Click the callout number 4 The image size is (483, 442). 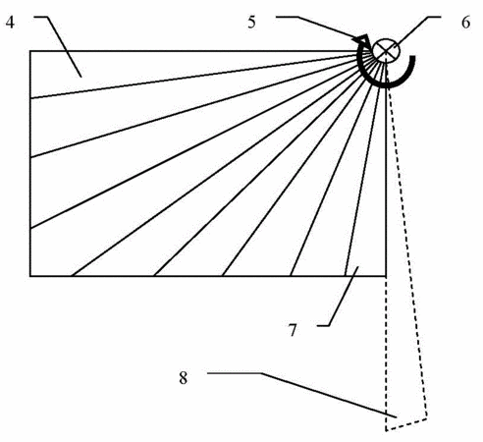10,23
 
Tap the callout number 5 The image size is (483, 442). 251,23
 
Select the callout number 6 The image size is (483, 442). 465,23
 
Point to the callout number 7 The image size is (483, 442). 293,331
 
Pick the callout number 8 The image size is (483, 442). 184,377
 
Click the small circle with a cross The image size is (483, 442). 387,50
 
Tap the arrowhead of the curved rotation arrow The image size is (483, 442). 361,40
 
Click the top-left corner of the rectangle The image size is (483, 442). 30,51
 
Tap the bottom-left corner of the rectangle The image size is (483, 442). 30,276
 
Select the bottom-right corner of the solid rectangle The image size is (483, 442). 386,276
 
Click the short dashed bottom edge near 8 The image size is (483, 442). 406,424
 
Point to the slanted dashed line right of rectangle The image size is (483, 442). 406,236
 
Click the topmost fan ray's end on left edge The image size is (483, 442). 30,98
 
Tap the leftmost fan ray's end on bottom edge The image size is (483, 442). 72,276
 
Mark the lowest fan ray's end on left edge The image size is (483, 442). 30,228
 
